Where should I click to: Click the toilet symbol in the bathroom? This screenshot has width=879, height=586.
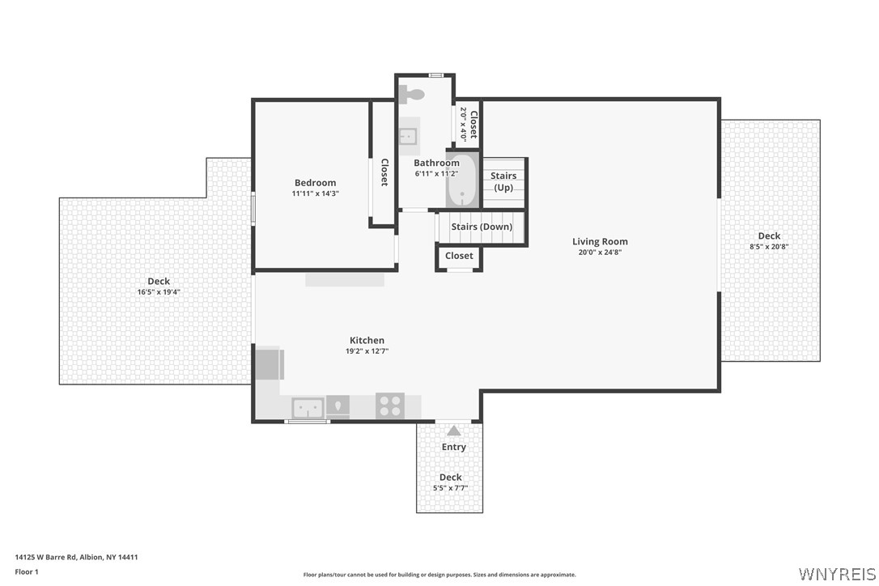click(413, 94)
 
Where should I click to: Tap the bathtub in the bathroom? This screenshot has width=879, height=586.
click(462, 181)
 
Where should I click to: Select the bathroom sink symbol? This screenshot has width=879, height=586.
click(408, 135)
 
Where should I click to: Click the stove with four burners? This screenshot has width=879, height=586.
click(390, 406)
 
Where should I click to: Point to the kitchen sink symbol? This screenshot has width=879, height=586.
click(308, 407)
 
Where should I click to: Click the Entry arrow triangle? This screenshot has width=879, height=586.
click(454, 431)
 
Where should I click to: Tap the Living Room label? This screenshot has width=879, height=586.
click(600, 241)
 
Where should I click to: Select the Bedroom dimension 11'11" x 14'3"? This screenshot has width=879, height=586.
click(315, 193)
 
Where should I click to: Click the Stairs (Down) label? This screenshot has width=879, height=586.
click(482, 227)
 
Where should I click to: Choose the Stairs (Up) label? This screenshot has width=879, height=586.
click(503, 181)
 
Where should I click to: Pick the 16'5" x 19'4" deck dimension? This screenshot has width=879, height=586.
click(159, 291)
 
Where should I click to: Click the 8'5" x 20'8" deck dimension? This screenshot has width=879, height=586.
click(769, 247)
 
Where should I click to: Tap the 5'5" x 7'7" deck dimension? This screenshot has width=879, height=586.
click(450, 488)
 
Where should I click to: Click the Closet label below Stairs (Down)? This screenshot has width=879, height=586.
click(459, 256)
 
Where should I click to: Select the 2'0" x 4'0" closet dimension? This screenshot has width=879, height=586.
click(464, 124)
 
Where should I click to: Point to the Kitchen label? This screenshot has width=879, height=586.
click(367, 340)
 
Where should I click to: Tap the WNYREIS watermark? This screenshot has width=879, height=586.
click(836, 573)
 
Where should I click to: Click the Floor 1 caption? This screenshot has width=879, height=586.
click(27, 571)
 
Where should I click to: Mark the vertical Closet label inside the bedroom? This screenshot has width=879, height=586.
click(384, 172)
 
